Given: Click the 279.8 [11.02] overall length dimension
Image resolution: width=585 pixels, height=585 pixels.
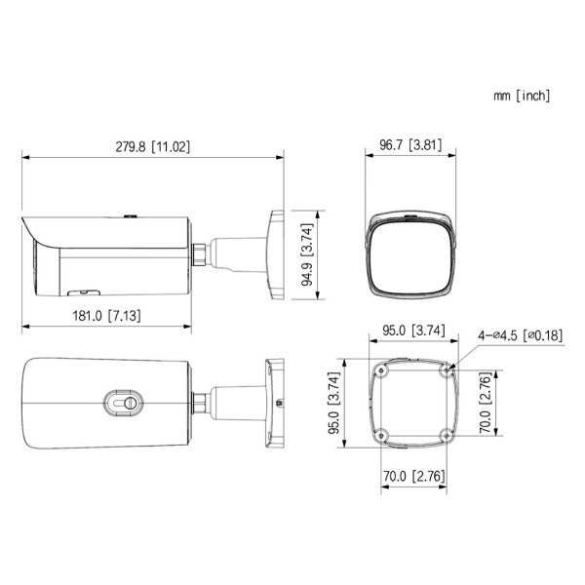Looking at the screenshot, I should (x=153, y=146).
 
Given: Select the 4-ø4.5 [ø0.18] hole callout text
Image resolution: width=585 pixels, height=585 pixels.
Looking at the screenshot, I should (x=520, y=335).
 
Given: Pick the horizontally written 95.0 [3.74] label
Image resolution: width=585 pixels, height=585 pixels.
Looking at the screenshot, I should (x=414, y=331).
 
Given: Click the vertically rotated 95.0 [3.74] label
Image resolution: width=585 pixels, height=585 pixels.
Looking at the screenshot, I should (x=332, y=404).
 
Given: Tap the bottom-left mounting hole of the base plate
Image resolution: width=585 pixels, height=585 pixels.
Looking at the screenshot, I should (x=380, y=436).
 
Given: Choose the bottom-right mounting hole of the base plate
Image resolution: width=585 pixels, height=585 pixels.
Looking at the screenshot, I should (x=448, y=436).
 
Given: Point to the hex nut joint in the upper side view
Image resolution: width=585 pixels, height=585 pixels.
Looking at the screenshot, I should (x=199, y=252).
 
